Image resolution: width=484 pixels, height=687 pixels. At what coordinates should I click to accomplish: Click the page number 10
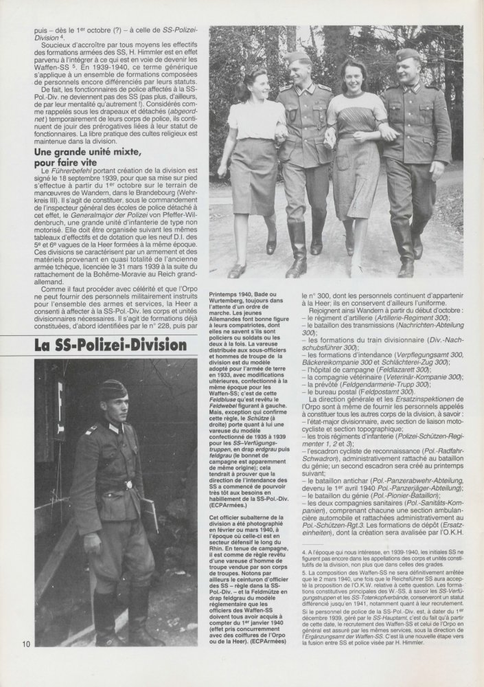(25, 644)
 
